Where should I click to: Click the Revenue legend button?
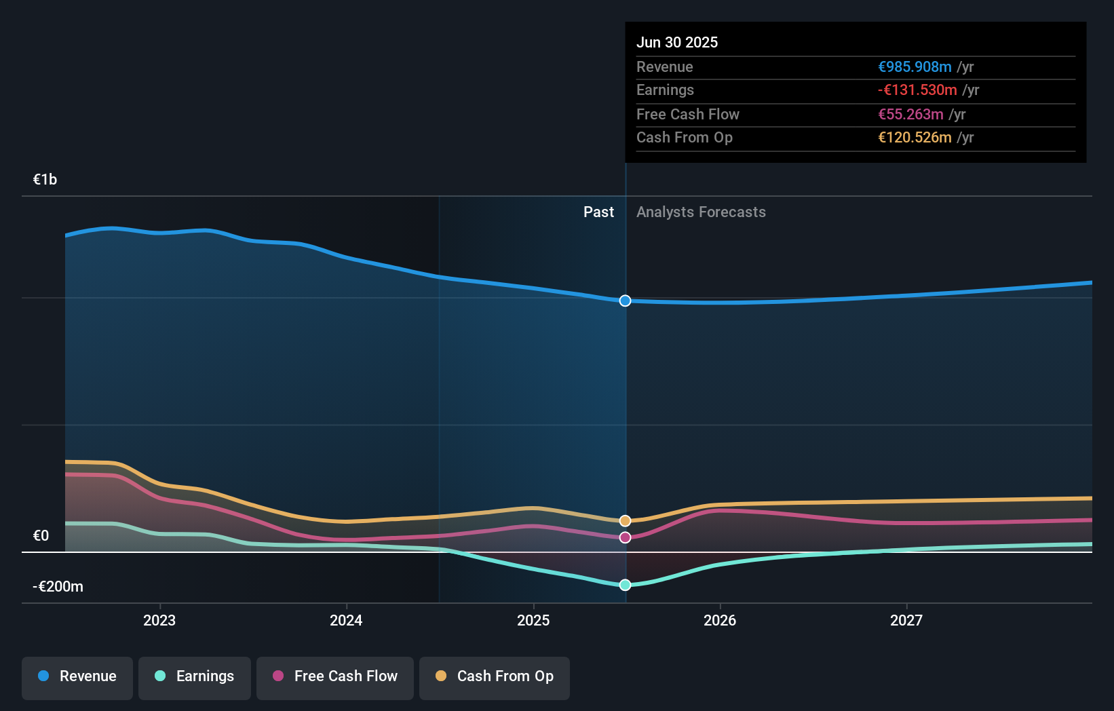point(77,677)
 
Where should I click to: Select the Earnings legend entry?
point(195,677)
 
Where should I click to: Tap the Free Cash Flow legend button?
point(335,677)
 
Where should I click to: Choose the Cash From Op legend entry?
point(495,677)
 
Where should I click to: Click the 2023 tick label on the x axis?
point(159,621)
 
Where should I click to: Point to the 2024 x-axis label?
point(346,621)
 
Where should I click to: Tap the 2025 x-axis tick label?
point(533,621)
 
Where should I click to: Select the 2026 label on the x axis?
point(720,621)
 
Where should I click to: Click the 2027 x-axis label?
point(906,621)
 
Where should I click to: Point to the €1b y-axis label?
point(45,180)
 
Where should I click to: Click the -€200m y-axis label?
point(58,587)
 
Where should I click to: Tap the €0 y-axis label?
point(41,536)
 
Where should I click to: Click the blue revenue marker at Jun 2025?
point(625,301)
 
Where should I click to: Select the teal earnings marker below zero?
point(625,585)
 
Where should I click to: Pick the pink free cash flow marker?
point(625,537)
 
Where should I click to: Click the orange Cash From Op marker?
point(625,521)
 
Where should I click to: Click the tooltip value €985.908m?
point(915,67)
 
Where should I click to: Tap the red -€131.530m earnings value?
point(917,90)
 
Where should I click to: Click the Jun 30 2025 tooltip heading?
point(676,43)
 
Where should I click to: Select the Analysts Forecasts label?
point(701,212)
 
